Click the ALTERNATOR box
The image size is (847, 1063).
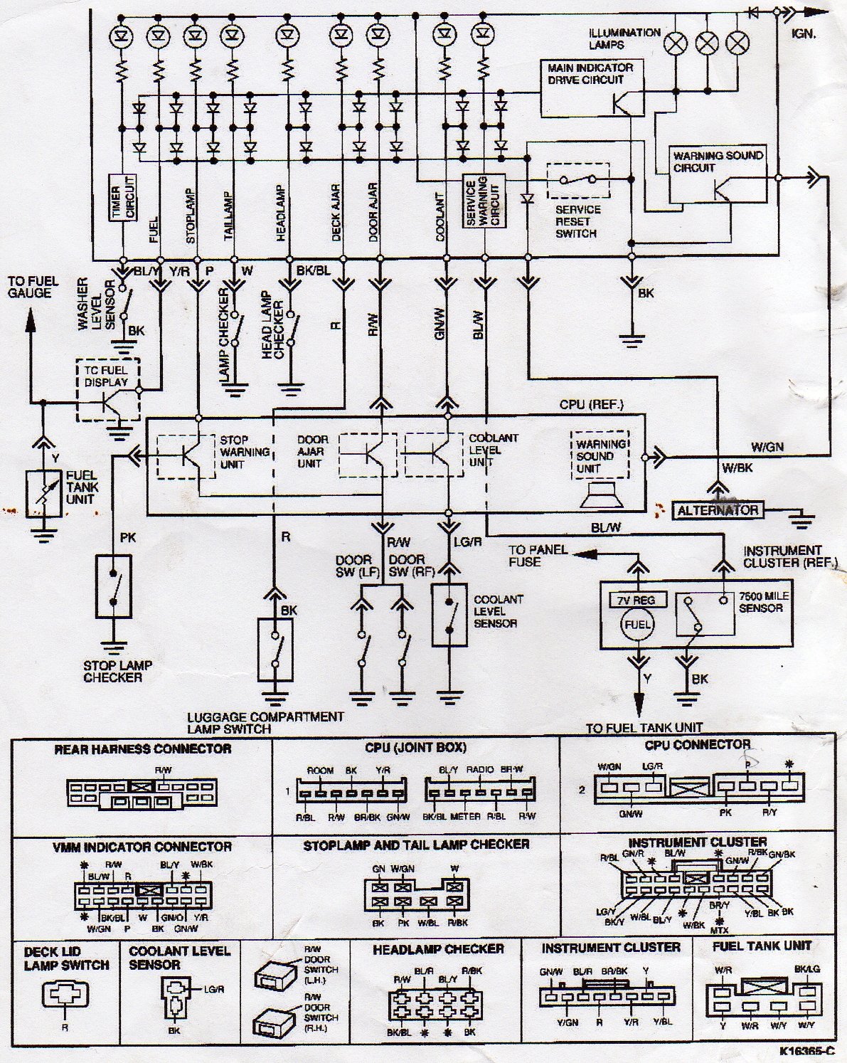point(718,510)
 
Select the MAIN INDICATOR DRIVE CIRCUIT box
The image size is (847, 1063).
point(592,88)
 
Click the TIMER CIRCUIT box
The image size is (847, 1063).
point(121,197)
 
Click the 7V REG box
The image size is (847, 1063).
point(637,599)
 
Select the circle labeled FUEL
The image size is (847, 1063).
point(637,625)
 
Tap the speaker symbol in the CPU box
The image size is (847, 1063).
point(601,495)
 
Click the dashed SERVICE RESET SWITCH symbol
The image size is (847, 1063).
point(578,181)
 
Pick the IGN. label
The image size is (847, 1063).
point(804,33)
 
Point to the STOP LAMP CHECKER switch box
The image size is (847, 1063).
point(114,585)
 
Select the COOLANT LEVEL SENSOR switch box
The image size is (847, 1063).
point(449,615)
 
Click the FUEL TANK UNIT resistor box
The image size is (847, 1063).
point(43,493)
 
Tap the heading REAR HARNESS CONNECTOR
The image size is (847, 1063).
point(142,749)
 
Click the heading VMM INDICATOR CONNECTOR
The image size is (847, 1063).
point(142,847)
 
